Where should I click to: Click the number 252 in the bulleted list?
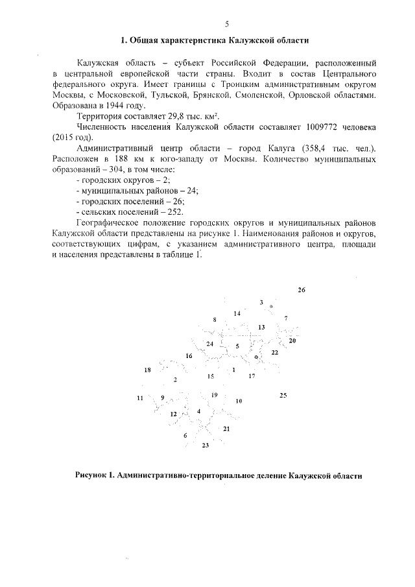[174, 211]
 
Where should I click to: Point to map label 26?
[301, 289]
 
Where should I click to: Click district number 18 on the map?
[147, 370]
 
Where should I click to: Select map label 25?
[283, 394]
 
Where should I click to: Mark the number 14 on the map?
[237, 313]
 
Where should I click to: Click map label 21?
[226, 429]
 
